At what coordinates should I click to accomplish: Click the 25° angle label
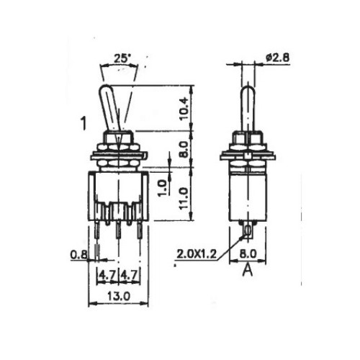(x=122, y=59)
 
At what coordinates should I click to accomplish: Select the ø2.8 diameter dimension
(x=277, y=58)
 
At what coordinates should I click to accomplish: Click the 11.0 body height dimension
(x=184, y=198)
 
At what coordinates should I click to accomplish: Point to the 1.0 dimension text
(x=163, y=188)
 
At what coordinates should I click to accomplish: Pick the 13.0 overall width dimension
(x=119, y=296)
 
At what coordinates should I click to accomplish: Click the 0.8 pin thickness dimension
(x=78, y=255)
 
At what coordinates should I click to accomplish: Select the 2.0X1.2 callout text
(x=197, y=253)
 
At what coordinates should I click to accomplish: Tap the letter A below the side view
(x=248, y=271)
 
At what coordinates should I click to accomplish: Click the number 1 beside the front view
(x=84, y=123)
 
